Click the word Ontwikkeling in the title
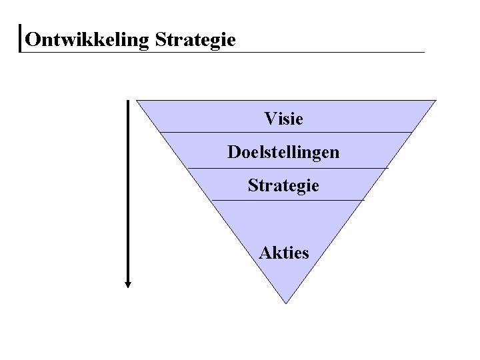[87, 40]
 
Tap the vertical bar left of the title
[21, 39]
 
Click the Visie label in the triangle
[283, 119]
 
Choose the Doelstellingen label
[283, 153]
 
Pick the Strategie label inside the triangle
[283, 185]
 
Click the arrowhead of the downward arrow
[128, 283]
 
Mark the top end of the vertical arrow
[128, 101]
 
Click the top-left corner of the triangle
[137, 101]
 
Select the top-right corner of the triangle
[435, 101]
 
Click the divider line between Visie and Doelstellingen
[286, 132]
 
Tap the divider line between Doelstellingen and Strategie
[286, 167]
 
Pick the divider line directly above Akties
[286, 199]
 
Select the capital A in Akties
[265, 252]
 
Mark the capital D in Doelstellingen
[233, 153]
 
